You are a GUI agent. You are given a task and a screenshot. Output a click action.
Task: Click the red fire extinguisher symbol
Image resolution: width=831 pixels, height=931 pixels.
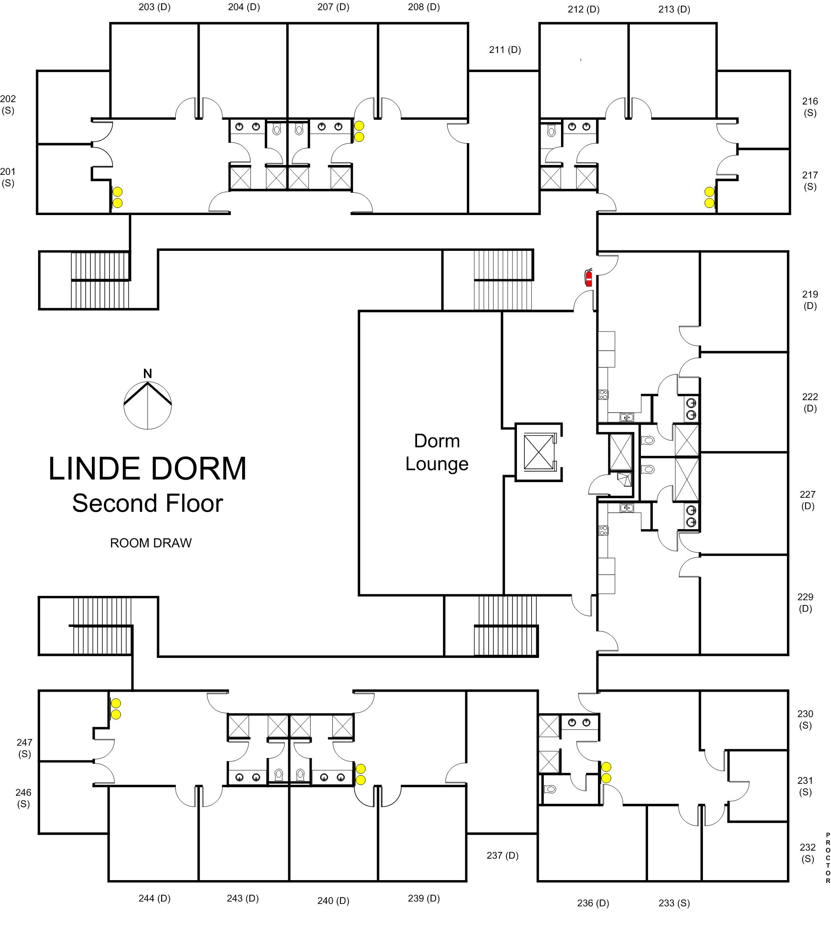pyautogui.click(x=588, y=277)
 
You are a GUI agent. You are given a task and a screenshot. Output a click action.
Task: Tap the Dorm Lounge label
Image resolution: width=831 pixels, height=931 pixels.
pyautogui.click(x=437, y=452)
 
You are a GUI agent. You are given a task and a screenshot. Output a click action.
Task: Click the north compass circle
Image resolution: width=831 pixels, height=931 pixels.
pyautogui.click(x=148, y=405)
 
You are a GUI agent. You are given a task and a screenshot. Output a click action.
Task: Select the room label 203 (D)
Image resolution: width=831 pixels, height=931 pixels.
pyautogui.click(x=154, y=7)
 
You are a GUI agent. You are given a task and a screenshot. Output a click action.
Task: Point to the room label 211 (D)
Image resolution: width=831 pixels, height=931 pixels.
pyautogui.click(x=505, y=50)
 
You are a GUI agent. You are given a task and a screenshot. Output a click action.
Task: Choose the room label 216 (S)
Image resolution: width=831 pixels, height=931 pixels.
pyautogui.click(x=810, y=107)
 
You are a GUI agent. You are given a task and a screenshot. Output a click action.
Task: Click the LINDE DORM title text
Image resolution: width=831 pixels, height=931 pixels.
pyautogui.click(x=148, y=469)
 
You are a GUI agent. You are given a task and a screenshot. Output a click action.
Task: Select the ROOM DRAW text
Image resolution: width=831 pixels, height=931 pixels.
pyautogui.click(x=151, y=543)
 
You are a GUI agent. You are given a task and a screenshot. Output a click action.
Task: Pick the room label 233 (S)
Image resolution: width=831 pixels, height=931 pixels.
pyautogui.click(x=674, y=903)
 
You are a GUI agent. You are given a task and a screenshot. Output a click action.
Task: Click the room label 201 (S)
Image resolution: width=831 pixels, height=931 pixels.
pyautogui.click(x=8, y=177)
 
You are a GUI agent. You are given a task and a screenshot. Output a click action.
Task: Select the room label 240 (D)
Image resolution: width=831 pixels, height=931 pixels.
pyautogui.click(x=333, y=900)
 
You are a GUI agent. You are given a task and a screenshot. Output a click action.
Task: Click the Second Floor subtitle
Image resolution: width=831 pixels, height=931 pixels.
pyautogui.click(x=148, y=503)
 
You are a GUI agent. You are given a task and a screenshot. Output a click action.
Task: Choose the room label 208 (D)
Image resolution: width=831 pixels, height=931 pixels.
pyautogui.click(x=424, y=7)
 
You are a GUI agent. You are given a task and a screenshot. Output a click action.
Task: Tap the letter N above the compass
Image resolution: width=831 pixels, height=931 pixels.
pyautogui.click(x=148, y=374)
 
